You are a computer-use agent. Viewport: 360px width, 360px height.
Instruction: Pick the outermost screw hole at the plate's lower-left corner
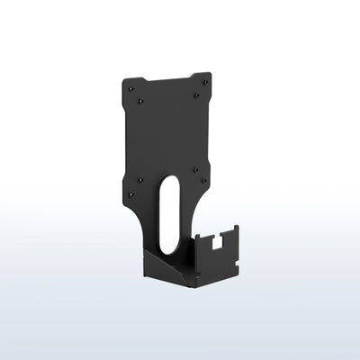(129, 193)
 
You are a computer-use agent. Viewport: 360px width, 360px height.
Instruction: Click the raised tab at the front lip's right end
(235, 231)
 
